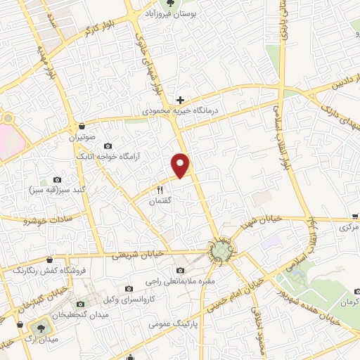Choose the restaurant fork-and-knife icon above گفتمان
click(x=159, y=189)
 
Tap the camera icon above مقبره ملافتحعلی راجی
click(x=181, y=270)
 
